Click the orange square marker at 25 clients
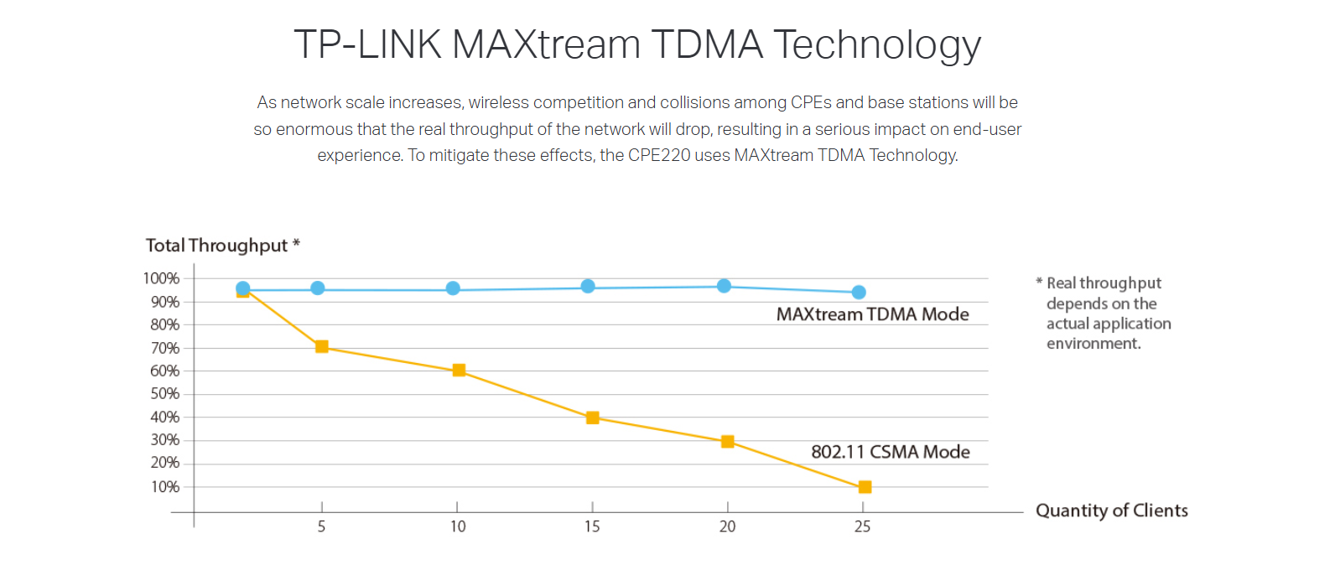coord(865,487)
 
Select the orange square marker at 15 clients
coord(592,417)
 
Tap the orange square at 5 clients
coord(321,346)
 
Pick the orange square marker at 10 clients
coord(459,370)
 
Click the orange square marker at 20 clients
coord(727,442)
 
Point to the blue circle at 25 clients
coord(859,293)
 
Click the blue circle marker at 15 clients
coord(588,287)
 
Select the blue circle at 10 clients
coord(453,288)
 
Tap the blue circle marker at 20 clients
coord(724,286)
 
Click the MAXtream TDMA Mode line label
coord(872,314)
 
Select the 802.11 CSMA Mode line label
coord(890,452)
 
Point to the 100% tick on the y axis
coord(161,278)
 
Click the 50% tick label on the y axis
coord(164,394)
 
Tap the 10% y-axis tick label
coord(164,487)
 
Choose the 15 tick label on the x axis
coord(592,526)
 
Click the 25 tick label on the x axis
coord(862,526)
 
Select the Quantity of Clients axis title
coord(1111,511)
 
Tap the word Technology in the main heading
coord(876,45)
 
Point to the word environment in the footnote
coord(1093,344)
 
